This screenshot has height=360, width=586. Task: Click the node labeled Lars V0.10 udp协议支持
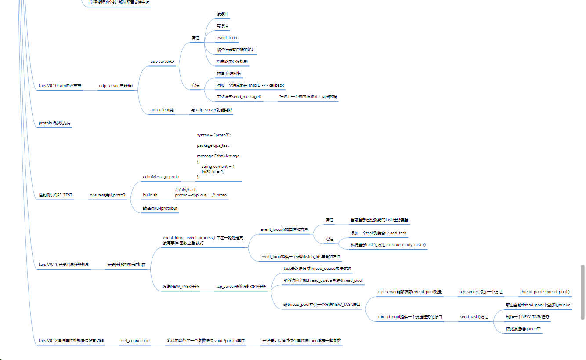coord(60,85)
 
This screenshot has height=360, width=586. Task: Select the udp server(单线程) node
coord(116,85)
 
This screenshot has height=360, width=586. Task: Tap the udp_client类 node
coord(162,109)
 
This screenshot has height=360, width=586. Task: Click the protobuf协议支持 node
coord(54,123)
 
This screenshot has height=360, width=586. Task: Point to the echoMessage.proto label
coord(161,176)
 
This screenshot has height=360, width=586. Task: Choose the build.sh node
coord(150,195)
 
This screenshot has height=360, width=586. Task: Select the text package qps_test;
coord(213,145)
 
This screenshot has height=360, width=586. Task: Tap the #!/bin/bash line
coord(186,189)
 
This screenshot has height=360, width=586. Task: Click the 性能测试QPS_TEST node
coord(56,195)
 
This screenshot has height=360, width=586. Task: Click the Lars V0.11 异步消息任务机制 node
coord(64,265)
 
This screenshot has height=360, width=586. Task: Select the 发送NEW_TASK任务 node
coord(181,286)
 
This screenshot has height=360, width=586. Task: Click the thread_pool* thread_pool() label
coord(545,291)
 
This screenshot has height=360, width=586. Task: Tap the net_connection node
coord(135,340)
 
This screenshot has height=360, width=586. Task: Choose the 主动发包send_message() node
coord(239,96)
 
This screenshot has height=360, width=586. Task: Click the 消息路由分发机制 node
coord(232,62)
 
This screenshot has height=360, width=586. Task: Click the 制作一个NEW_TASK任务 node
coord(528,316)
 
